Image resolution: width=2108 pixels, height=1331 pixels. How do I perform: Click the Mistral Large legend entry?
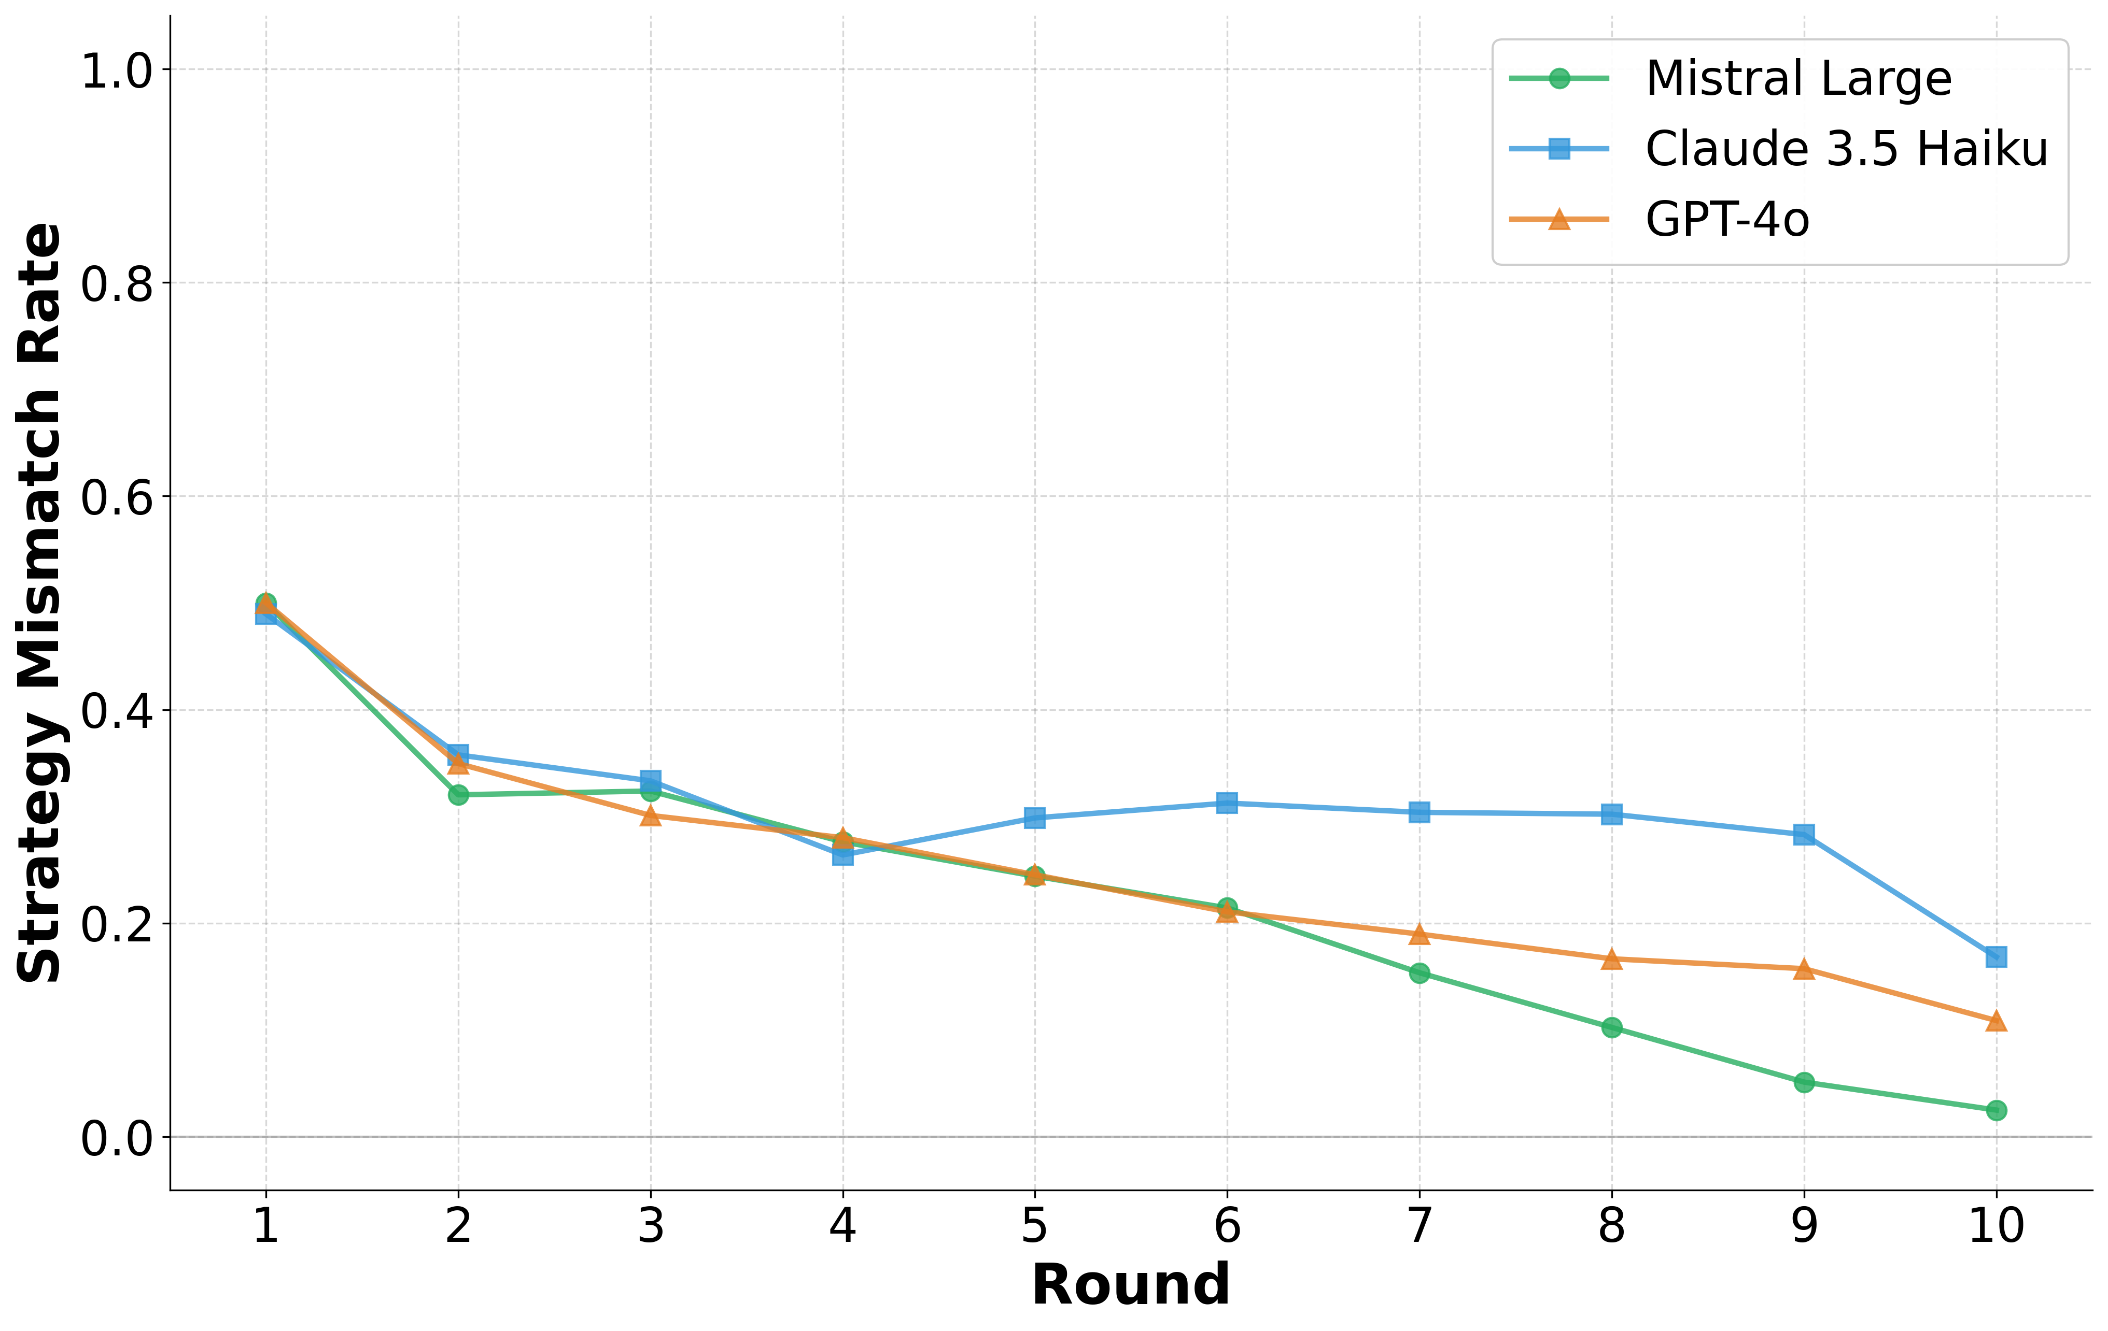pyautogui.click(x=1798, y=79)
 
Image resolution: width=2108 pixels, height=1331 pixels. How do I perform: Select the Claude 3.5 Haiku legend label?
pyautogui.click(x=1846, y=149)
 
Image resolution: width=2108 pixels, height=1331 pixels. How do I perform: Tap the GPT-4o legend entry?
pyautogui.click(x=1726, y=219)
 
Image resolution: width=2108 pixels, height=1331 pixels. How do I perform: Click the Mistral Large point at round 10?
pyautogui.click(x=1996, y=1110)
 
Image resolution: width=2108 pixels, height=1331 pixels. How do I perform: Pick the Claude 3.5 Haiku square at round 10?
pyautogui.click(x=1996, y=956)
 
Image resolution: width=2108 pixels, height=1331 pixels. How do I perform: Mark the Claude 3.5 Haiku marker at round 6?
pyautogui.click(x=1227, y=803)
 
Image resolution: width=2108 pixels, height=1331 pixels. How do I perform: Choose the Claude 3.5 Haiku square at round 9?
pyautogui.click(x=1803, y=834)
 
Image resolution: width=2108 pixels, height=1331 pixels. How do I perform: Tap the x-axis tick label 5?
pyautogui.click(x=1035, y=1226)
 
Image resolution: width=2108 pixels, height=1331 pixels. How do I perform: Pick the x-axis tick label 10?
pyautogui.click(x=1996, y=1226)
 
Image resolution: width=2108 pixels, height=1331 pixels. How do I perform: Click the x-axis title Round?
pyautogui.click(x=1130, y=1284)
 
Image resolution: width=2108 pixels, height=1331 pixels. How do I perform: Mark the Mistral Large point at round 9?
pyautogui.click(x=1803, y=1082)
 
